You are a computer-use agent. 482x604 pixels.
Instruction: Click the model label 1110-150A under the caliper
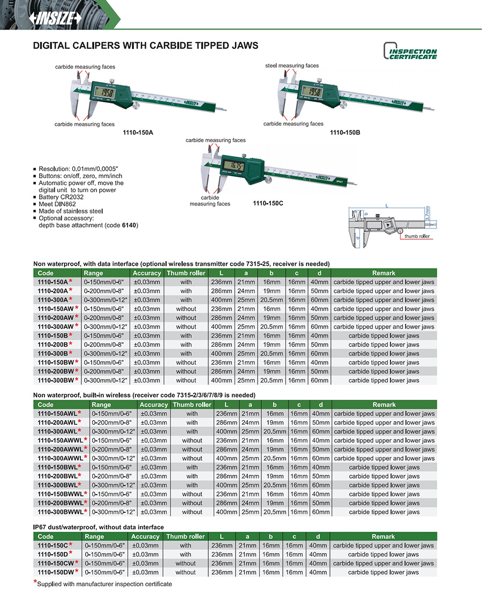click(x=138, y=131)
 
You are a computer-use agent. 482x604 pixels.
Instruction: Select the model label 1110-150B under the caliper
click(x=345, y=131)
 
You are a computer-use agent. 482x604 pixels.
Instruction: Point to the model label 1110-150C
click(x=268, y=204)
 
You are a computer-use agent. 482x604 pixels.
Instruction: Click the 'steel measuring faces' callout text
click(x=292, y=65)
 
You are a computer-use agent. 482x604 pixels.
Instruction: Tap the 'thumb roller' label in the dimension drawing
click(x=417, y=237)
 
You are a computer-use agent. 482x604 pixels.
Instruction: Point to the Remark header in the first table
click(x=383, y=273)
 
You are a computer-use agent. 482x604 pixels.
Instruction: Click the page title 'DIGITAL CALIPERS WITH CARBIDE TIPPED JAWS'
click(x=146, y=46)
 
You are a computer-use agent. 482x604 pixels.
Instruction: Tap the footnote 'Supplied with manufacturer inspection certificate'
click(x=105, y=584)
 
